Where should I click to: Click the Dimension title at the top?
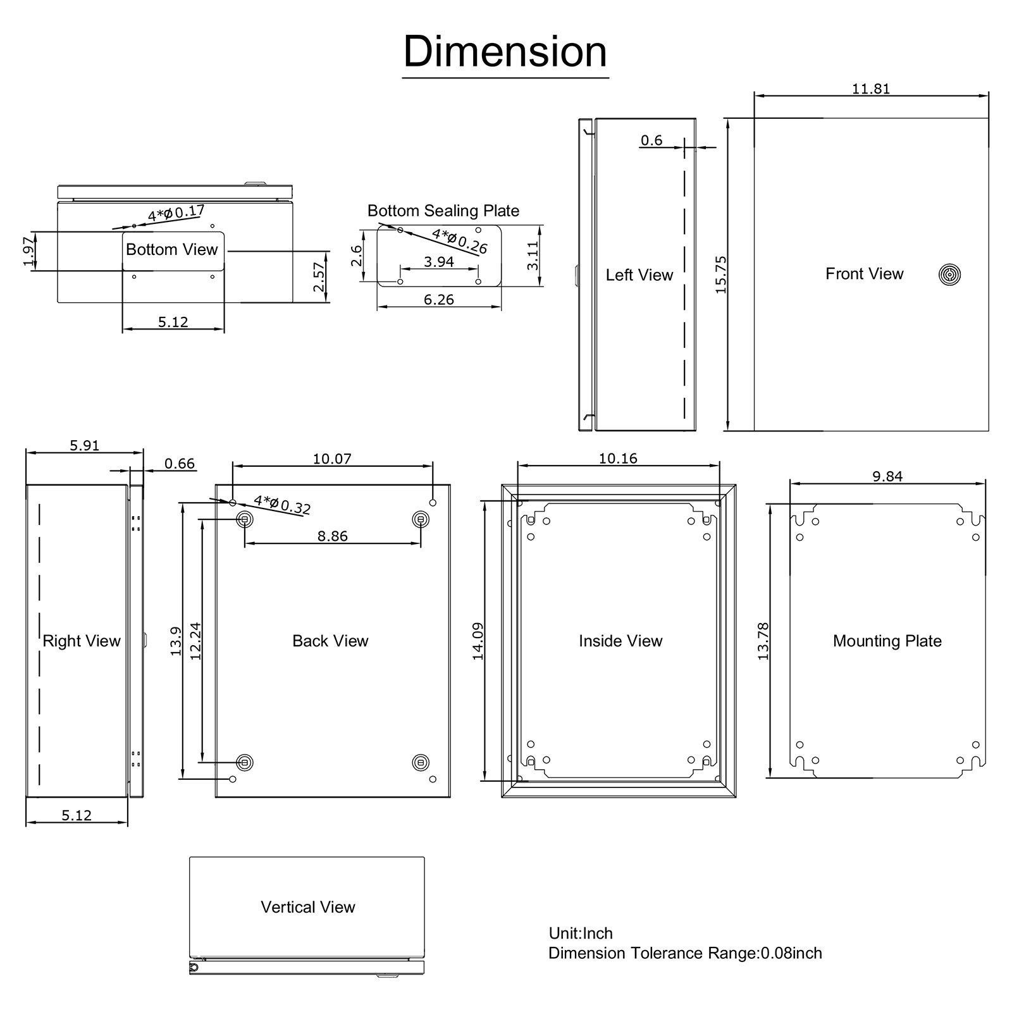click(505, 52)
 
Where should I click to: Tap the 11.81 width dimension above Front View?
click(870, 89)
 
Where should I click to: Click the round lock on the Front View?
click(949, 275)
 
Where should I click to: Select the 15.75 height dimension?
click(721, 275)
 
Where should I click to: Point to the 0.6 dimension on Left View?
click(651, 140)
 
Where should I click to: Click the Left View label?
click(639, 275)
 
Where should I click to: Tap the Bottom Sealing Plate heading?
click(443, 211)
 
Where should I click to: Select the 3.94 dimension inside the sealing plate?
click(438, 262)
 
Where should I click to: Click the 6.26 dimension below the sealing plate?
click(438, 300)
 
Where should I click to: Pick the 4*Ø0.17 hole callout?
click(176, 213)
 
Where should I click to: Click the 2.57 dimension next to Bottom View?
click(319, 276)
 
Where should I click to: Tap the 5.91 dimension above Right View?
click(84, 446)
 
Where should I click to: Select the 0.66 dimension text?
click(180, 464)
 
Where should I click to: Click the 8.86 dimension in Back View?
click(332, 536)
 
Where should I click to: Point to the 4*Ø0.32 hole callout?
click(282, 505)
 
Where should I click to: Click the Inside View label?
click(620, 641)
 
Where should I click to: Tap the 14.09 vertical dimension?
click(478, 641)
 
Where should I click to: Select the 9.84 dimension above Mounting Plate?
click(887, 477)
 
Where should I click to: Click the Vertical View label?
click(308, 907)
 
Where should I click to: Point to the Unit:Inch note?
click(581, 934)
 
